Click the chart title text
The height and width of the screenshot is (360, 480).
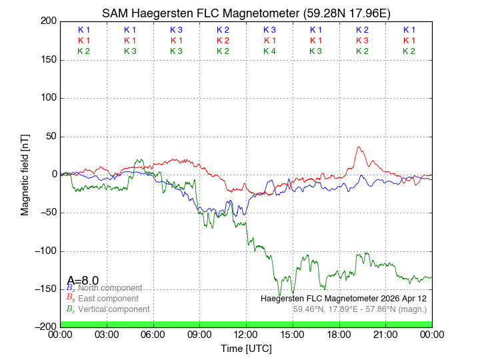pyautogui.click(x=246, y=13)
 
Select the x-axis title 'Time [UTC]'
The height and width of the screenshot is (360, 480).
pyautogui.click(x=246, y=348)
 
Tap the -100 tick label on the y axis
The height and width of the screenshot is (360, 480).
pyautogui.click(x=44, y=251)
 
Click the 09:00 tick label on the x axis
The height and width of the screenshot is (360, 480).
pyautogui.click(x=199, y=334)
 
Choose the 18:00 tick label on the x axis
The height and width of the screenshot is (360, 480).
pyautogui.click(x=339, y=334)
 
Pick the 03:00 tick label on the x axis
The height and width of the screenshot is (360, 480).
pyautogui.click(x=107, y=334)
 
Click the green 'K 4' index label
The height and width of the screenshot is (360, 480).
pyautogui.click(x=269, y=51)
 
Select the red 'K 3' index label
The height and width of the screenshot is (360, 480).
pyautogui.click(x=362, y=41)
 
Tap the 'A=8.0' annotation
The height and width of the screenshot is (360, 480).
pyautogui.click(x=83, y=280)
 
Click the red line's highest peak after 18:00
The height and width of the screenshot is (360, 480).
pyautogui.click(x=359, y=147)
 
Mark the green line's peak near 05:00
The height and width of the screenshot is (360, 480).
pyautogui.click(x=139, y=160)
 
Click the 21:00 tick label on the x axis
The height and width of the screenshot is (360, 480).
pyautogui.click(x=386, y=334)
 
